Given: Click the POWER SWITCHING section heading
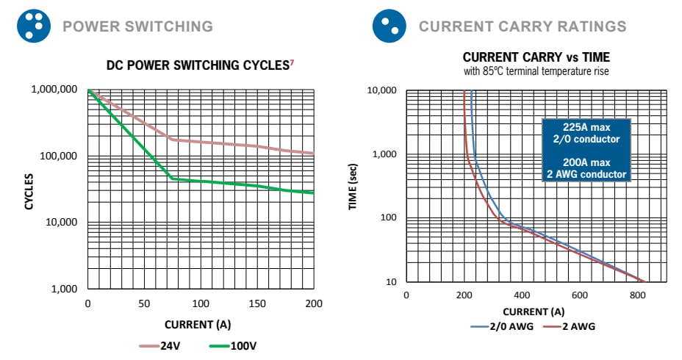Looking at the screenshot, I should (x=137, y=27).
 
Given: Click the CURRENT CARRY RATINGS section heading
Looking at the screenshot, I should (x=522, y=27).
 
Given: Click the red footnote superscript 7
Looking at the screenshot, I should (x=292, y=62).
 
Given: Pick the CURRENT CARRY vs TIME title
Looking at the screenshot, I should (x=536, y=57).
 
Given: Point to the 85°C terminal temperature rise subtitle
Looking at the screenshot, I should (x=536, y=71).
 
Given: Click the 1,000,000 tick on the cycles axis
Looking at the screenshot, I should (x=54, y=90).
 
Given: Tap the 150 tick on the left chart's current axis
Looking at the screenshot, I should (x=257, y=303).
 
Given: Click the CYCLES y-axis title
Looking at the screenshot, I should (x=29, y=191).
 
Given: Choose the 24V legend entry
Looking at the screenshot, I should (x=160, y=345).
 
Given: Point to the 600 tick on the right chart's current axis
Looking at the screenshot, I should (x=580, y=295).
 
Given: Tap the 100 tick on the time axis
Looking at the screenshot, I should (x=387, y=218).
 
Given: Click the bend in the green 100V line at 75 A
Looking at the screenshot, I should (x=173, y=179).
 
